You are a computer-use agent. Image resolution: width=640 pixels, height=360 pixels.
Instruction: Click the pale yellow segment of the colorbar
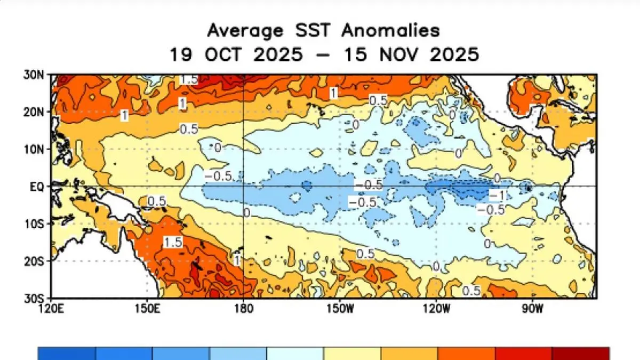(352, 353)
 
